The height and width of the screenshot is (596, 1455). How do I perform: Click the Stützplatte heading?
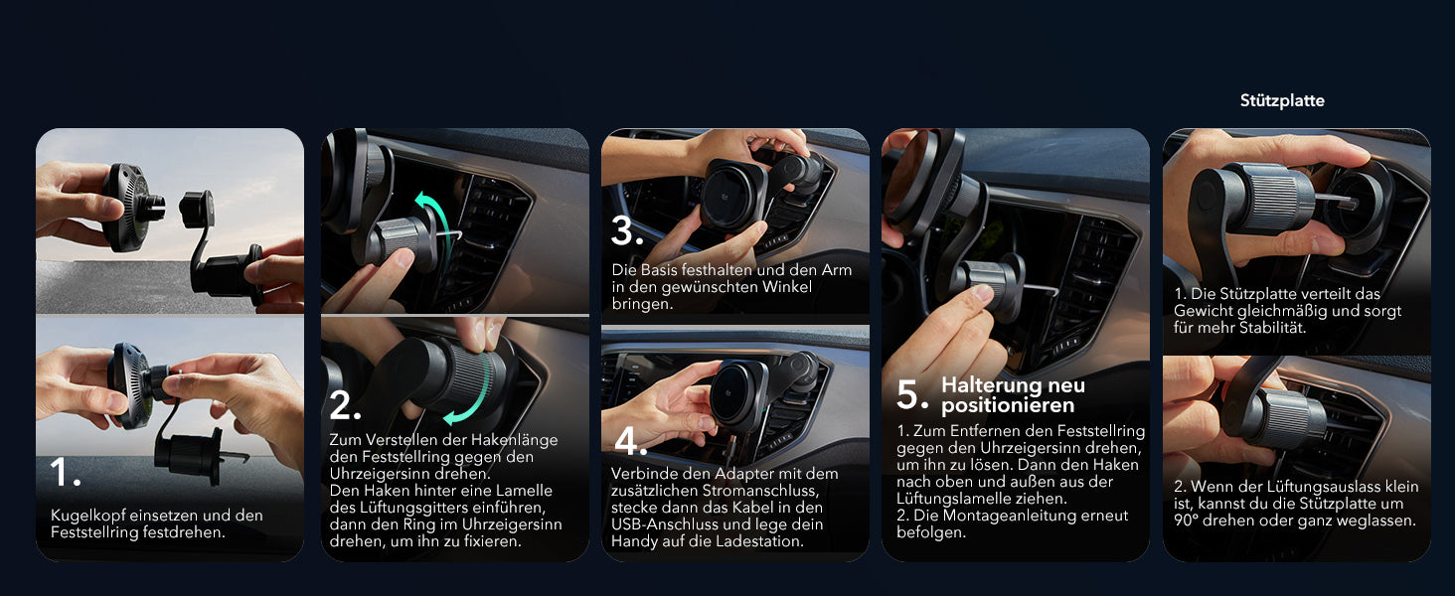[1281, 100]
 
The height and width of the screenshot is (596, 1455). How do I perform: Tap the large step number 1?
[66, 472]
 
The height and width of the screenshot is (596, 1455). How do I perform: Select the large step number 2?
[345, 405]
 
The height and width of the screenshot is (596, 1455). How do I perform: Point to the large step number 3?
[627, 231]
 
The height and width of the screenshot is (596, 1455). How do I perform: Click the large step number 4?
[631, 441]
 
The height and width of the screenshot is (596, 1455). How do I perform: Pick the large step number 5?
[912, 394]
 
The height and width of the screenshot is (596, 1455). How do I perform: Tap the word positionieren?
[1008, 405]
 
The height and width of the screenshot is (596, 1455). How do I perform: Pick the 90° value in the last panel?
[1186, 521]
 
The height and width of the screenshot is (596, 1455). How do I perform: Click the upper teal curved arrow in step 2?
[435, 223]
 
